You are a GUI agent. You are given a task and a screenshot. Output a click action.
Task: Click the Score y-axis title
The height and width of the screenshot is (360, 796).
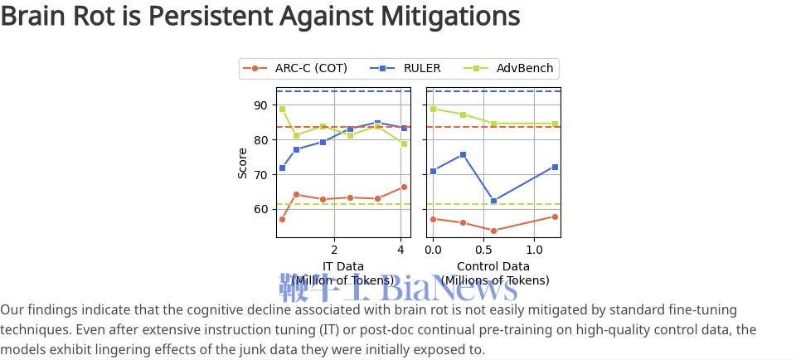(x=243, y=163)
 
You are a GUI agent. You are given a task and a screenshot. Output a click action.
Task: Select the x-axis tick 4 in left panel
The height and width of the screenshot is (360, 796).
(x=400, y=249)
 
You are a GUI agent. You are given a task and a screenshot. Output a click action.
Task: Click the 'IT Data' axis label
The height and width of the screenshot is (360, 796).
(x=342, y=266)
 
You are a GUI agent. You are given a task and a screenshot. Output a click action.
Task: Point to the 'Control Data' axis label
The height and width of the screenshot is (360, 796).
(x=493, y=266)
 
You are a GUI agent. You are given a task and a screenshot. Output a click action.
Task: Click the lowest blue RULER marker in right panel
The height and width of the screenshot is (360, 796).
(x=494, y=201)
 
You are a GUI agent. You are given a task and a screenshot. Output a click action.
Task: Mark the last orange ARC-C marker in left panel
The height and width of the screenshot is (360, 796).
(x=404, y=187)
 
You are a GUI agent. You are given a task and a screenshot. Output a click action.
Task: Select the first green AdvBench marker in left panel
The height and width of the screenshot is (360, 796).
(x=282, y=109)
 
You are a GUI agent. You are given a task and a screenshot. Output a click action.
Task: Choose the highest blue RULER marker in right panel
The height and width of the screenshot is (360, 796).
(x=463, y=155)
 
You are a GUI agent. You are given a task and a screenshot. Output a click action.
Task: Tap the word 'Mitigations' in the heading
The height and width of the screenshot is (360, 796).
(x=449, y=16)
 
